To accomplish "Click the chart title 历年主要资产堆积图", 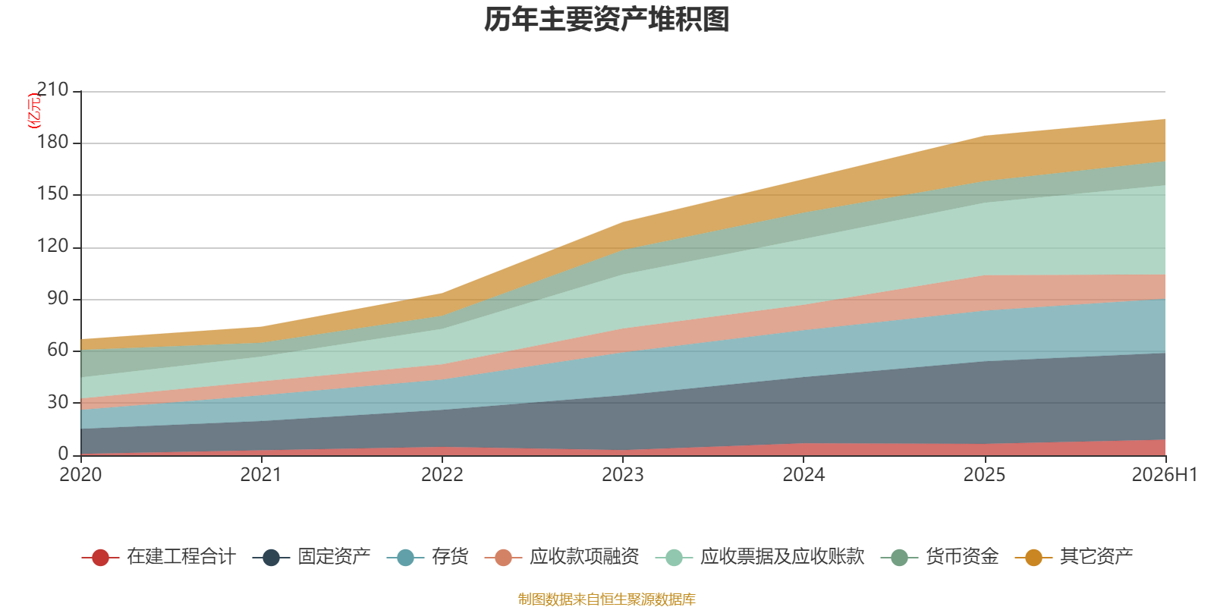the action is point(606,20).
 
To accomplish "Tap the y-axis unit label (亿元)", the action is point(33,110).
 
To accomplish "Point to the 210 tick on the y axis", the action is point(52,90).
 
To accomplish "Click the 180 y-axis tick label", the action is point(52,142).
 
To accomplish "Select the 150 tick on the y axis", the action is point(52,193).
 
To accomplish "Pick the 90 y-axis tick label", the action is point(58,298).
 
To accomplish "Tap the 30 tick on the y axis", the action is point(58,402).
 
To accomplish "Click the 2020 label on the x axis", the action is point(80,475).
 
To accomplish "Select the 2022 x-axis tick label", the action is point(442,475).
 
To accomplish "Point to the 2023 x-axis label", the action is point(623,475).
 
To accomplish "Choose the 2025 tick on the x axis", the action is point(984,475).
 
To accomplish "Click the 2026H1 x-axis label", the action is point(1165,475).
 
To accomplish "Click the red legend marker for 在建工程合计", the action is point(100,557).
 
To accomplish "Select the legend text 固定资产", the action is point(334,557).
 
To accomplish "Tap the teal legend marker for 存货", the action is point(405,557).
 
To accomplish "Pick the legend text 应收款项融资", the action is point(584,557).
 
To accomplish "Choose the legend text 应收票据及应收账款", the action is point(782,557).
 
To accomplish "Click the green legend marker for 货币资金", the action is point(900,557).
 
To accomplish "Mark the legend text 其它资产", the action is point(1096,557).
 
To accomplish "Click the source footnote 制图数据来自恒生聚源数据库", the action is point(606,599).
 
